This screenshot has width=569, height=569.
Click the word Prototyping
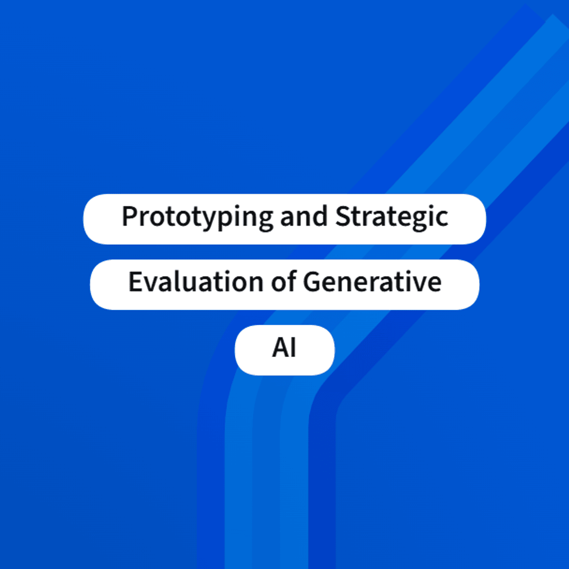(x=197, y=218)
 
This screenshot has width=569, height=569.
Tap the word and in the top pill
(x=304, y=216)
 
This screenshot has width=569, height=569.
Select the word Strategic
(x=392, y=218)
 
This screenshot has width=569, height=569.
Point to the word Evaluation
(x=196, y=282)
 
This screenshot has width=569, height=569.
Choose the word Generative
(x=372, y=282)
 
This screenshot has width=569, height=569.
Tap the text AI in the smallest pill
(x=284, y=348)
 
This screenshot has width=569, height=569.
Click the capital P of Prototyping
(x=130, y=216)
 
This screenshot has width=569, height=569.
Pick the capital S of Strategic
(x=343, y=216)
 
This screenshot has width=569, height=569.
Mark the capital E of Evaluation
(x=136, y=282)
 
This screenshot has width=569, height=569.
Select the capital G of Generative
(x=312, y=282)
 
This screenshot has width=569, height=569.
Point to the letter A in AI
(x=281, y=348)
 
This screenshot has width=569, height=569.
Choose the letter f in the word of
(x=292, y=281)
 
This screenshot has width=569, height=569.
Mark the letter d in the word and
(x=320, y=216)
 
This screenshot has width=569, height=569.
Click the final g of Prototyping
(x=265, y=222)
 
